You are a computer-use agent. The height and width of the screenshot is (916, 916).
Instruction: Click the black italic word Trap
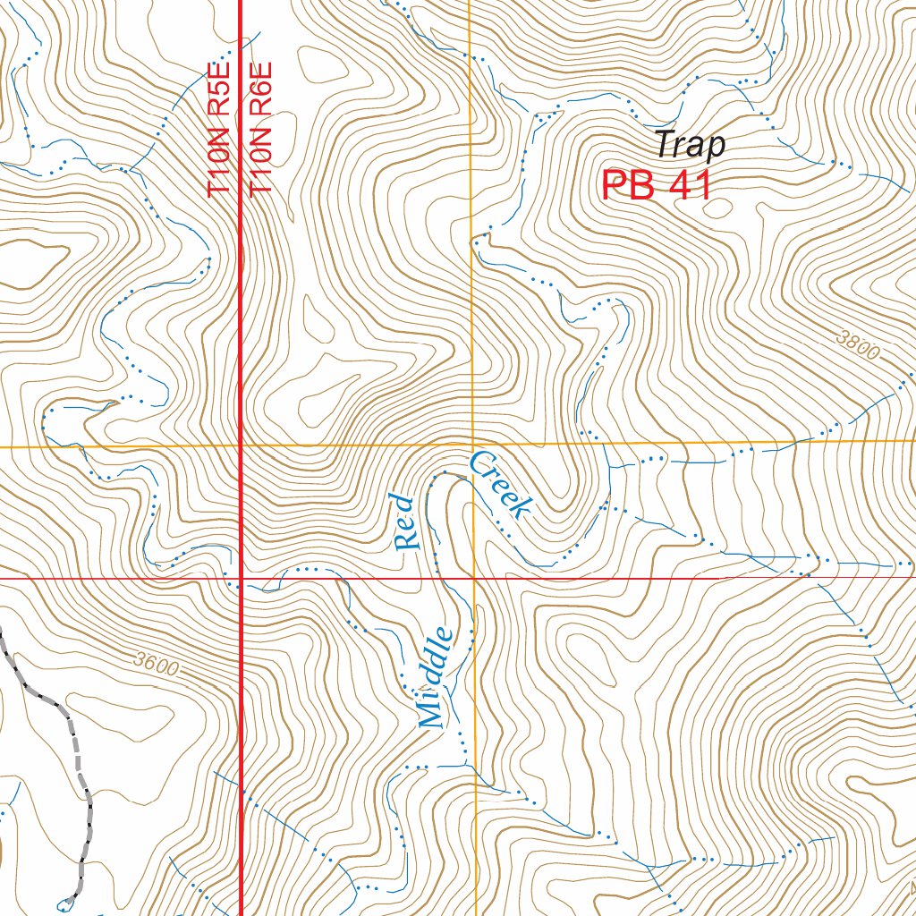click(x=689, y=144)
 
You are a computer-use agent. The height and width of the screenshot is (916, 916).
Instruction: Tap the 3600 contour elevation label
click(x=157, y=665)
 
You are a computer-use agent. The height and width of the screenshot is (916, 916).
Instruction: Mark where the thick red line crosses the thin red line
click(x=242, y=579)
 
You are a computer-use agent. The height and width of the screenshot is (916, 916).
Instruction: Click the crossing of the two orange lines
click(x=471, y=444)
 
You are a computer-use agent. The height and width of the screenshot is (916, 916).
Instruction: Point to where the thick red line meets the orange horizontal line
click(x=242, y=445)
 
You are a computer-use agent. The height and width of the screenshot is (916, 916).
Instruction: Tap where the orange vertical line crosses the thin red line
click(x=472, y=579)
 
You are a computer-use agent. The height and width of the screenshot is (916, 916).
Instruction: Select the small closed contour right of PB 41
click(x=717, y=209)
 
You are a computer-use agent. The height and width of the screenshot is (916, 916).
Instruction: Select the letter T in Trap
click(x=663, y=144)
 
